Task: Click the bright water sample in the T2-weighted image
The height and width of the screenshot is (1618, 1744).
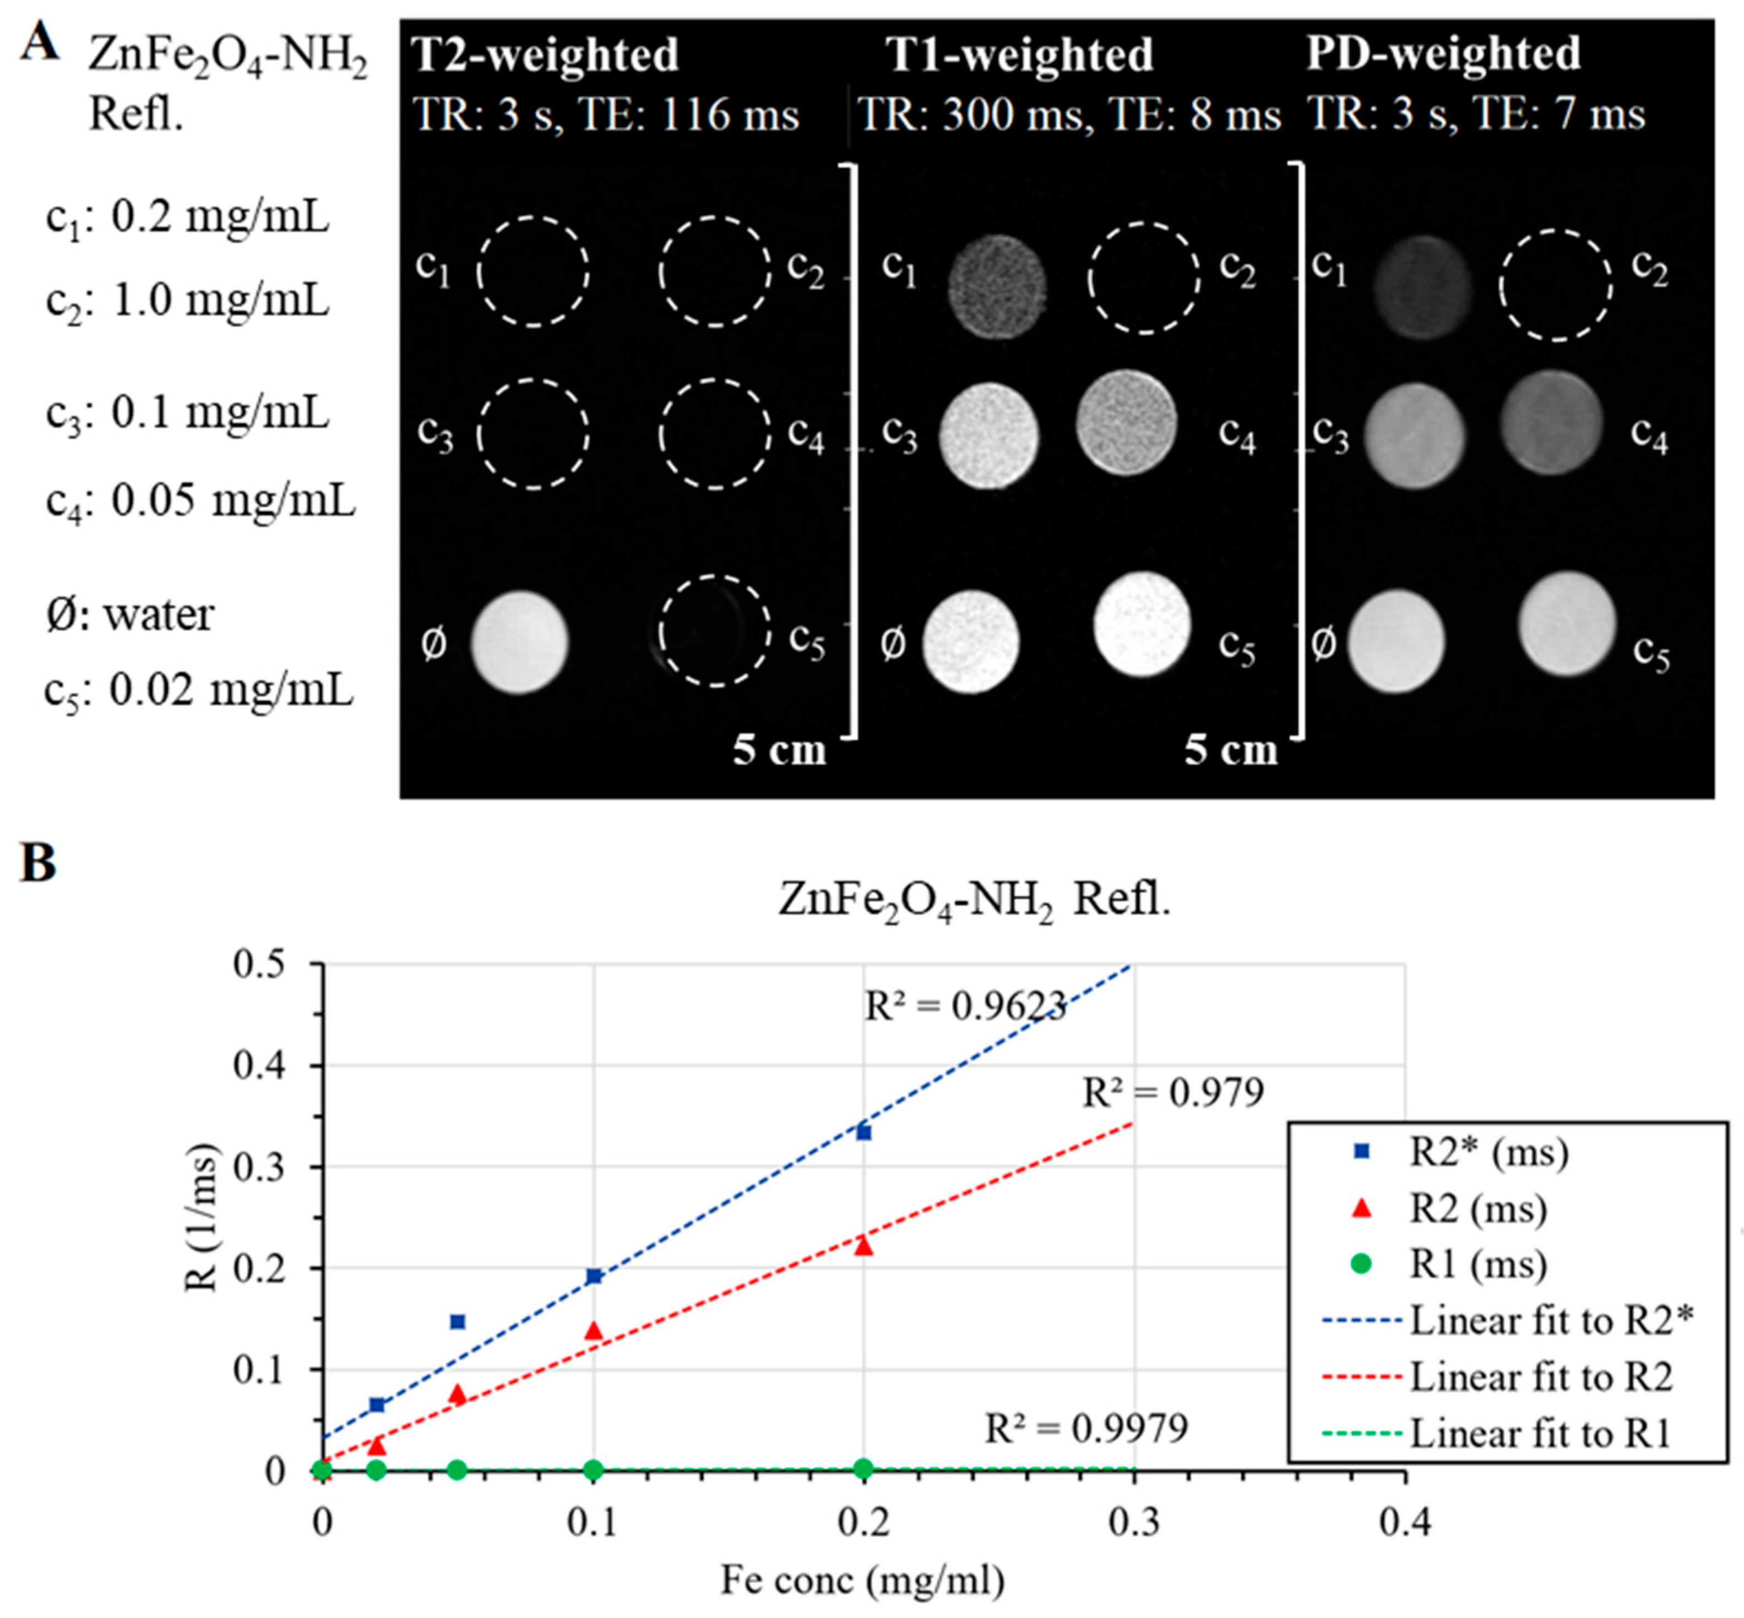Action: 519,642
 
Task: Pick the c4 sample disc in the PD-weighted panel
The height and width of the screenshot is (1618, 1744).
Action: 1551,422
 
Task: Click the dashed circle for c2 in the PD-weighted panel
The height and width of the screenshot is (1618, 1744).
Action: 1555,285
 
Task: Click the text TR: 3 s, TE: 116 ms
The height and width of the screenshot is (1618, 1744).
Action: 605,115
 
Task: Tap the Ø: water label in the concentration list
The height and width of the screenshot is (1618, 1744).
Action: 129,614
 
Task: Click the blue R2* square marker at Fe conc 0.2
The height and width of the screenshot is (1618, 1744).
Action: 863,1132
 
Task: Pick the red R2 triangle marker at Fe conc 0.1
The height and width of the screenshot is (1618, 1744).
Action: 594,1331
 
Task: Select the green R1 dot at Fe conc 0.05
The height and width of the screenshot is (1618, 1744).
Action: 457,1469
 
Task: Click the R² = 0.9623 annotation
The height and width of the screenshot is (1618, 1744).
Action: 964,1007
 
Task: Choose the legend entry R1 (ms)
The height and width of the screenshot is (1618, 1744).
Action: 1453,1263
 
